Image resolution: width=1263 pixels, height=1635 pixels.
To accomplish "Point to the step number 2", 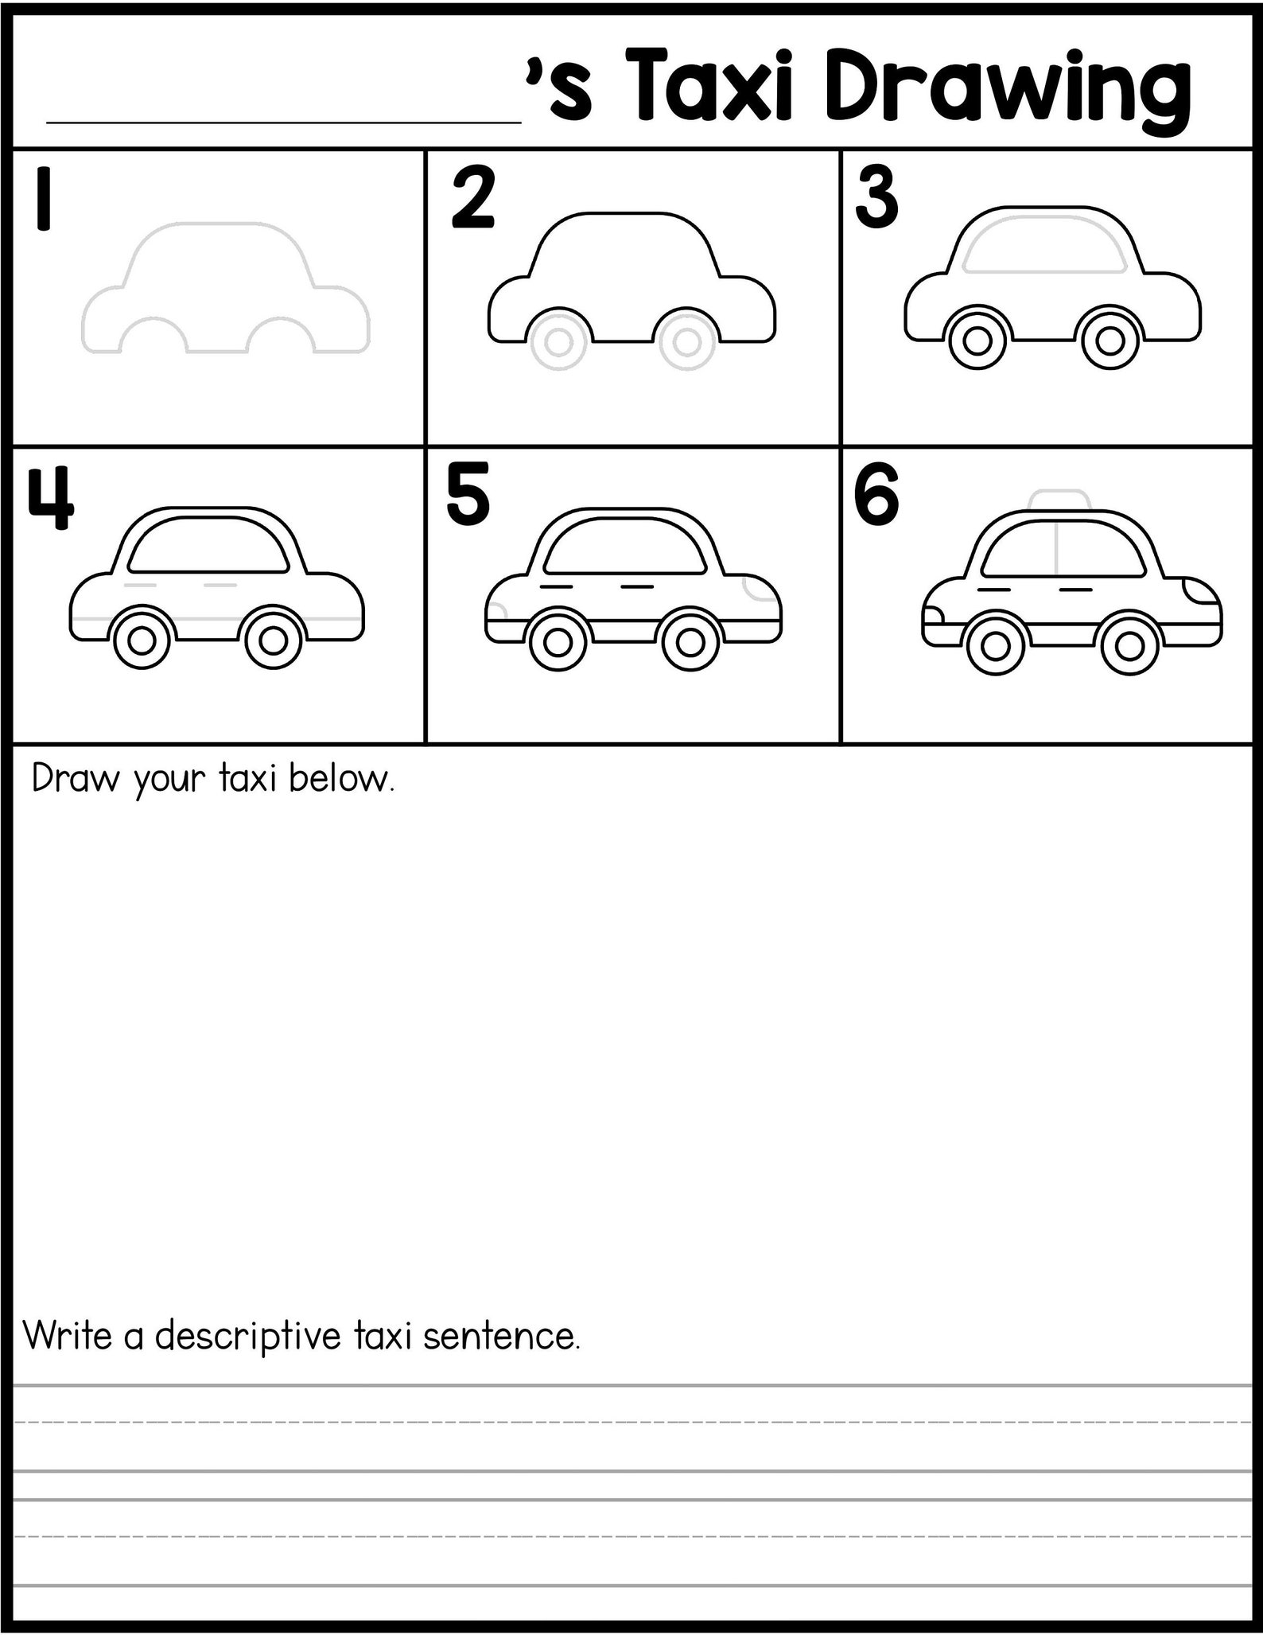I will pos(472,199).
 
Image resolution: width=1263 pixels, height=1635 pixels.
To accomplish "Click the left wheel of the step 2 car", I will pos(558,343).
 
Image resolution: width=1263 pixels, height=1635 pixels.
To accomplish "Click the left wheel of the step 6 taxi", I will pos(994,645).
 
